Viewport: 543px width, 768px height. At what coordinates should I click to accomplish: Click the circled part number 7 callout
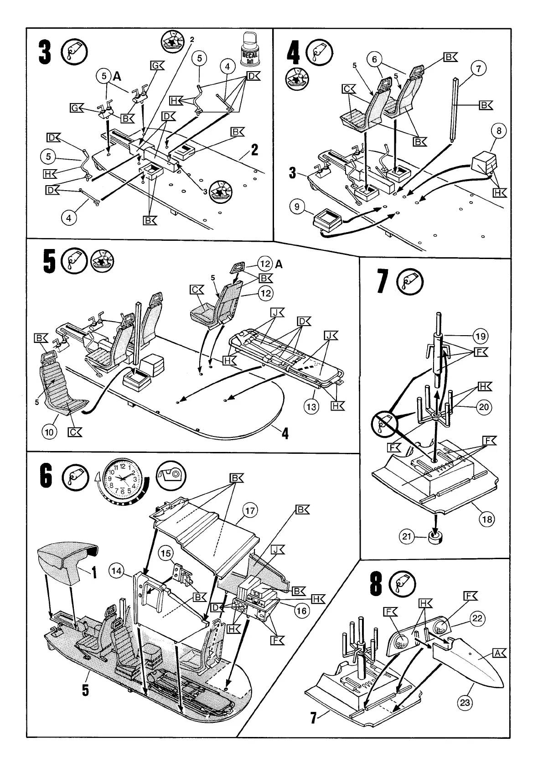click(478, 69)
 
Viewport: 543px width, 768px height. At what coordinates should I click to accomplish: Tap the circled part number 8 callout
click(499, 131)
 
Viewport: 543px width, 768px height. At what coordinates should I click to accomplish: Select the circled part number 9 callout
click(297, 208)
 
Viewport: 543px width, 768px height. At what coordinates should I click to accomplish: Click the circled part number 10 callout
click(50, 431)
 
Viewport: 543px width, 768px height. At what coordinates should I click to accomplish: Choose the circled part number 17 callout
click(250, 510)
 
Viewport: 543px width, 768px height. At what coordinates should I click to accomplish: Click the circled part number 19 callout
click(480, 337)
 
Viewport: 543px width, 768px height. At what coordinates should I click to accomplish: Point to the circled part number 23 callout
click(465, 716)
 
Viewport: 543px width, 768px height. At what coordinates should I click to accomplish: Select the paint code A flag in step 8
click(498, 654)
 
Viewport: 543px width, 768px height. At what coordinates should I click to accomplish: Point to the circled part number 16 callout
click(302, 611)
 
